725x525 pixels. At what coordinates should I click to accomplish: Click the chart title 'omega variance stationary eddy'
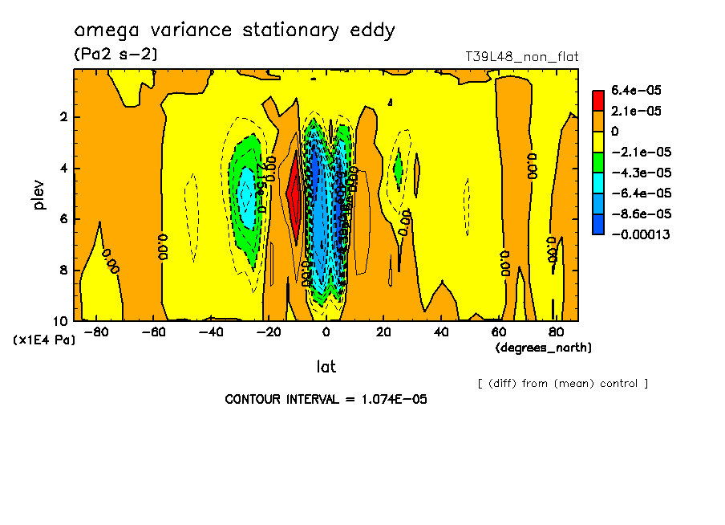click(x=234, y=31)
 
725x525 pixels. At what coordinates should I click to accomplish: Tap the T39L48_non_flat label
click(x=521, y=57)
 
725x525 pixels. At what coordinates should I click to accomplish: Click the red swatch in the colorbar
click(x=598, y=100)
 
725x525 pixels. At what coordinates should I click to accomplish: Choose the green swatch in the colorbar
click(x=598, y=162)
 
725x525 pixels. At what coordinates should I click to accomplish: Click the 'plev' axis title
click(x=39, y=194)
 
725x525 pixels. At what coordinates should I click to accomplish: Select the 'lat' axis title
click(x=326, y=367)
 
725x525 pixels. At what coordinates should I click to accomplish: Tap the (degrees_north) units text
click(x=544, y=348)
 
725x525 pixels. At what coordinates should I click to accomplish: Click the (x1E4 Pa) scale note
click(x=44, y=340)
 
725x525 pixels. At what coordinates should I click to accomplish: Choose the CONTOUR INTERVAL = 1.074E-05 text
click(x=326, y=399)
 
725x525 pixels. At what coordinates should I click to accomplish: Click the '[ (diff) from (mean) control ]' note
click(x=562, y=383)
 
